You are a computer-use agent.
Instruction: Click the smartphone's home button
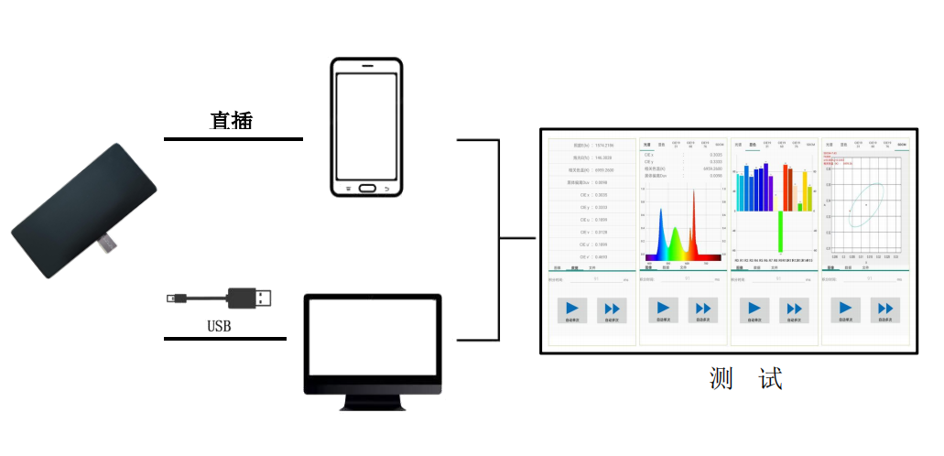[366, 188]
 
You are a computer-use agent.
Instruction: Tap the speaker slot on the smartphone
[366, 67]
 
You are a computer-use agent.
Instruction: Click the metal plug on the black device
[108, 244]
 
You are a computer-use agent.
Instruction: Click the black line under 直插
[233, 139]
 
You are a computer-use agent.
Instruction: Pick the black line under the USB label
[224, 338]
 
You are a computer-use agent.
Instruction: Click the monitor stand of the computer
[373, 401]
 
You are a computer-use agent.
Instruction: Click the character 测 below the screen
[721, 378]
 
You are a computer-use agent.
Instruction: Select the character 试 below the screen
[771, 378]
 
